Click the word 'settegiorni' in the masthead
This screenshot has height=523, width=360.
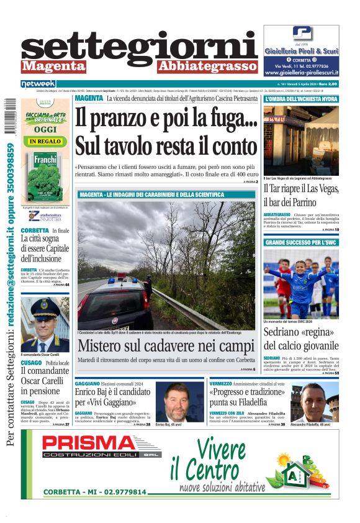click(x=139, y=48)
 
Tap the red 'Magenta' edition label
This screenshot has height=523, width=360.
click(x=53, y=66)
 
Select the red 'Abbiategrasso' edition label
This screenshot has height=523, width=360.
click(x=207, y=66)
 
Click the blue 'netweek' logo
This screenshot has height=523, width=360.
click(x=38, y=84)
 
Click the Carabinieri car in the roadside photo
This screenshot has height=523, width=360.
click(x=115, y=304)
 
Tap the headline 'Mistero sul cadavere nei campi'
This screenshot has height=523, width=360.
click(x=166, y=346)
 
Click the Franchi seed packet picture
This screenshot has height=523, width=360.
click(x=45, y=176)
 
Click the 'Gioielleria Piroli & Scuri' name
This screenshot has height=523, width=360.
click(x=301, y=51)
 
